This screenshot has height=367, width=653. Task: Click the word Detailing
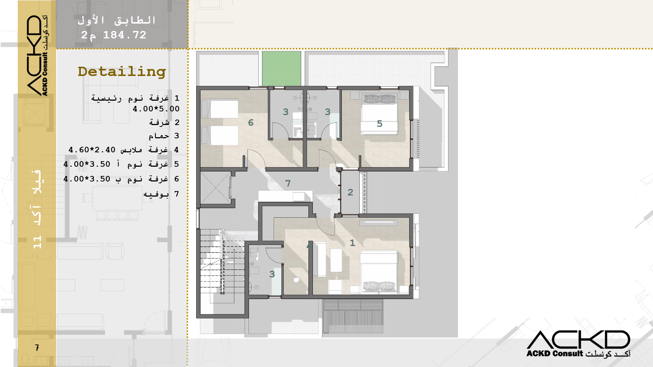pyautogui.click(x=122, y=72)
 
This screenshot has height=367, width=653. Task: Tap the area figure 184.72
pyautogui.click(x=125, y=35)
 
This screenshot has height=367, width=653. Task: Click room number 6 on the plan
pyautogui.click(x=251, y=122)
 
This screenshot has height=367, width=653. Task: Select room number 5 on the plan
pyautogui.click(x=380, y=124)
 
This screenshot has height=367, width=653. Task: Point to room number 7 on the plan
pyautogui.click(x=288, y=183)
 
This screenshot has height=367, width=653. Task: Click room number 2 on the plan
pyautogui.click(x=351, y=192)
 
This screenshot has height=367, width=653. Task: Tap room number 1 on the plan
pyautogui.click(x=352, y=243)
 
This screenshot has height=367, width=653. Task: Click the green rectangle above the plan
pyautogui.click(x=281, y=69)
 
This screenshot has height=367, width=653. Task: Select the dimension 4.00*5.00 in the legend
pyautogui.click(x=156, y=109)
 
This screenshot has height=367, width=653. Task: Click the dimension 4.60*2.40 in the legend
pyautogui.click(x=92, y=150)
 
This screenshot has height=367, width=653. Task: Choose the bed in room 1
pyautogui.click(x=379, y=272)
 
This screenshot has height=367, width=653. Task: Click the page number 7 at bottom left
pyautogui.click(x=37, y=347)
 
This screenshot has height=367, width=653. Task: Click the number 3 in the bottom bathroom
pyautogui.click(x=272, y=274)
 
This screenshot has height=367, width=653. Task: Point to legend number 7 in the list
pyautogui.click(x=177, y=194)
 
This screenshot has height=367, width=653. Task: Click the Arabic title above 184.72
pyautogui.click(x=116, y=20)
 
